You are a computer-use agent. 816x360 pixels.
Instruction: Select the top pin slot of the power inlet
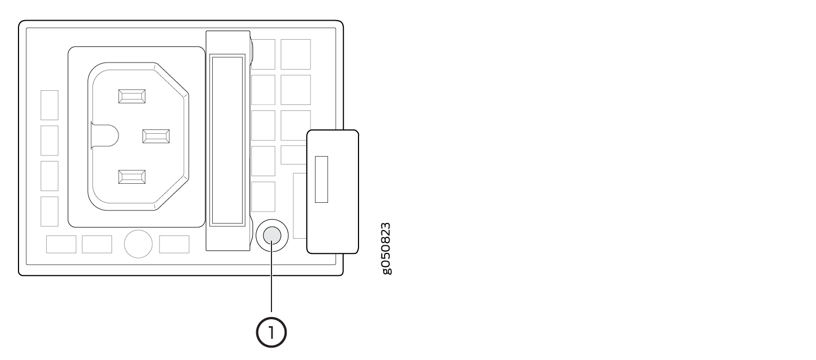132,96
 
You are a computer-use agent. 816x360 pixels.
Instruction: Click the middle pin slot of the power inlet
156,136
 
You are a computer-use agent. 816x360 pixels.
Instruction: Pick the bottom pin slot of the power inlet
132,176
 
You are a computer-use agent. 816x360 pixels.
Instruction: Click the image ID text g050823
385,248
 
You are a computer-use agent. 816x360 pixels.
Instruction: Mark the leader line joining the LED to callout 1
271,283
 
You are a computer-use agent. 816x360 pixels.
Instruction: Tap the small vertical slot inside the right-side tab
322,179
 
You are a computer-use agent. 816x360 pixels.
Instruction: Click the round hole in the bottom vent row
138,245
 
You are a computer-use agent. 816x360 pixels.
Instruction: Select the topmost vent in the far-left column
50,105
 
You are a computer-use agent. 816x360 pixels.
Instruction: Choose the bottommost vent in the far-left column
50,211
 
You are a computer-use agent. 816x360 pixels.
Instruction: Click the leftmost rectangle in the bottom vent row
61,245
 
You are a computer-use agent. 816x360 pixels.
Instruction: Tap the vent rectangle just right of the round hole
174,245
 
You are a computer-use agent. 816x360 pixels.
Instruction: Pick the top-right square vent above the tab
295,54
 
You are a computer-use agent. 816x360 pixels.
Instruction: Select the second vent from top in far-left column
50,140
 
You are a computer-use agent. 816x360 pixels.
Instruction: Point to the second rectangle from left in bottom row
97,245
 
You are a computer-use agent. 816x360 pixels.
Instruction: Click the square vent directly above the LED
263,197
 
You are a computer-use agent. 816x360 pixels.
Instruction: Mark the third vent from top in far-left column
50,176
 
